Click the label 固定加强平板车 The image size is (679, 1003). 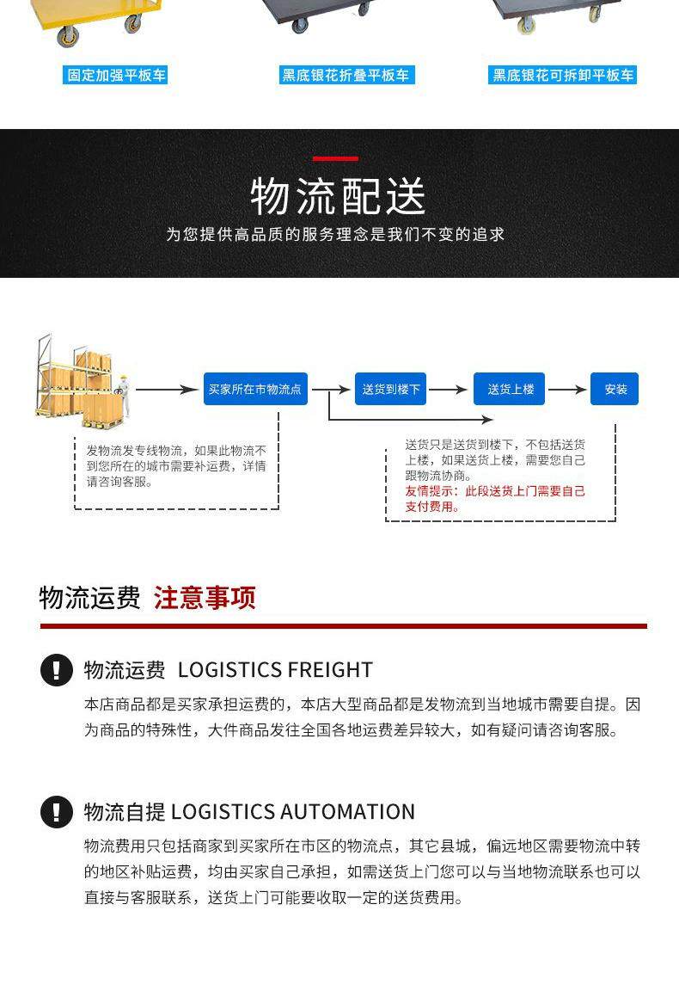pyautogui.click(x=116, y=75)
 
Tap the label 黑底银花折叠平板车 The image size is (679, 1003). pyautogui.click(x=346, y=75)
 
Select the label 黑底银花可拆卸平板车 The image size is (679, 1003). pyautogui.click(x=563, y=75)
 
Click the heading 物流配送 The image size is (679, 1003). pyautogui.click(x=339, y=196)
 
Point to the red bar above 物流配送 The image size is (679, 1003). pyautogui.click(x=335, y=158)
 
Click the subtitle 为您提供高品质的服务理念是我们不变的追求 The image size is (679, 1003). pyautogui.click(x=335, y=234)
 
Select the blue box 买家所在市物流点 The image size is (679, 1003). pyautogui.click(x=255, y=389)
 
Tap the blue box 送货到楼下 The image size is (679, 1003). pyautogui.click(x=391, y=389)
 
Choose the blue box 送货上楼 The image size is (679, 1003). pyautogui.click(x=510, y=389)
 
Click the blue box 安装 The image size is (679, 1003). pyautogui.click(x=615, y=389)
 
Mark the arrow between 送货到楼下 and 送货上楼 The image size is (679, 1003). pyautogui.click(x=449, y=390)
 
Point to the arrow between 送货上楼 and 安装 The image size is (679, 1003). pyautogui.click(x=567, y=390)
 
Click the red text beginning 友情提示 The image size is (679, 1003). pyautogui.click(x=494, y=499)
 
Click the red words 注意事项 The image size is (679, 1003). pyautogui.click(x=205, y=598)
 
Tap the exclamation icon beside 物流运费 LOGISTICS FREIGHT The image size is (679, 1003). pyautogui.click(x=57, y=669)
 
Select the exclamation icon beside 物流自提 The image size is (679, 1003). pyautogui.click(x=57, y=811)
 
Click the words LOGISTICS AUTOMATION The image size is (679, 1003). pyautogui.click(x=293, y=811)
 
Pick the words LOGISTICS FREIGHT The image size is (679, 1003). pyautogui.click(x=275, y=669)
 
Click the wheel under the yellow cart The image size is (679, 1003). pyautogui.click(x=66, y=35)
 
